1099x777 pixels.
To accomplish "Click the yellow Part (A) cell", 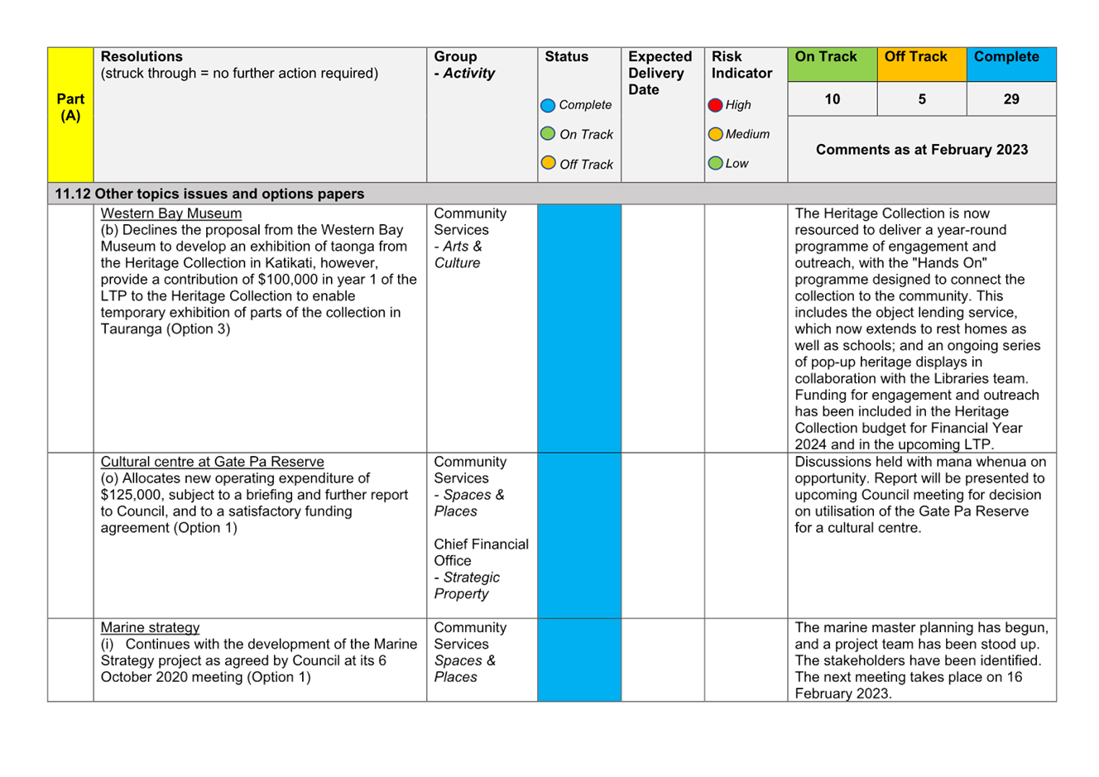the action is point(70,115).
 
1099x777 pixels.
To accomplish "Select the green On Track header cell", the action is point(833,65).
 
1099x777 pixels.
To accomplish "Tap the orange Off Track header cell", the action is point(922,65).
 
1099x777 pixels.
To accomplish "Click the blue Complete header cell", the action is point(1011,65).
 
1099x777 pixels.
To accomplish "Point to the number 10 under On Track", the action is point(832,99).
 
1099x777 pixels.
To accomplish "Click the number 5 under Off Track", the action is point(922,99).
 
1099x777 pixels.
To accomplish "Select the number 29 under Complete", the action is point(1011,99).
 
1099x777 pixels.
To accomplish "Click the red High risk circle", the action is point(715,105).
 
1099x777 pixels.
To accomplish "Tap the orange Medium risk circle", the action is point(715,134).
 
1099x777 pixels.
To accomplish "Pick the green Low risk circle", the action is point(715,163).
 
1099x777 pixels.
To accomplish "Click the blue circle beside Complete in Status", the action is point(548,105).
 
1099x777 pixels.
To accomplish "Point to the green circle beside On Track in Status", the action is point(548,133).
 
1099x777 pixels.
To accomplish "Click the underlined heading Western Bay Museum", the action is point(171,213).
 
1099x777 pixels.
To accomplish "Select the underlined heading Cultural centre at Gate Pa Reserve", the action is point(213,462).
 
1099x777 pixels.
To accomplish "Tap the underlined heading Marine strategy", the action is point(150,627).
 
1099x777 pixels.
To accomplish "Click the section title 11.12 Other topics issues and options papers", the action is point(209,194).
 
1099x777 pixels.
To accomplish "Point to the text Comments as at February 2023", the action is point(922,150).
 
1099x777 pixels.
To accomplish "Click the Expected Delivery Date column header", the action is point(660,73).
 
